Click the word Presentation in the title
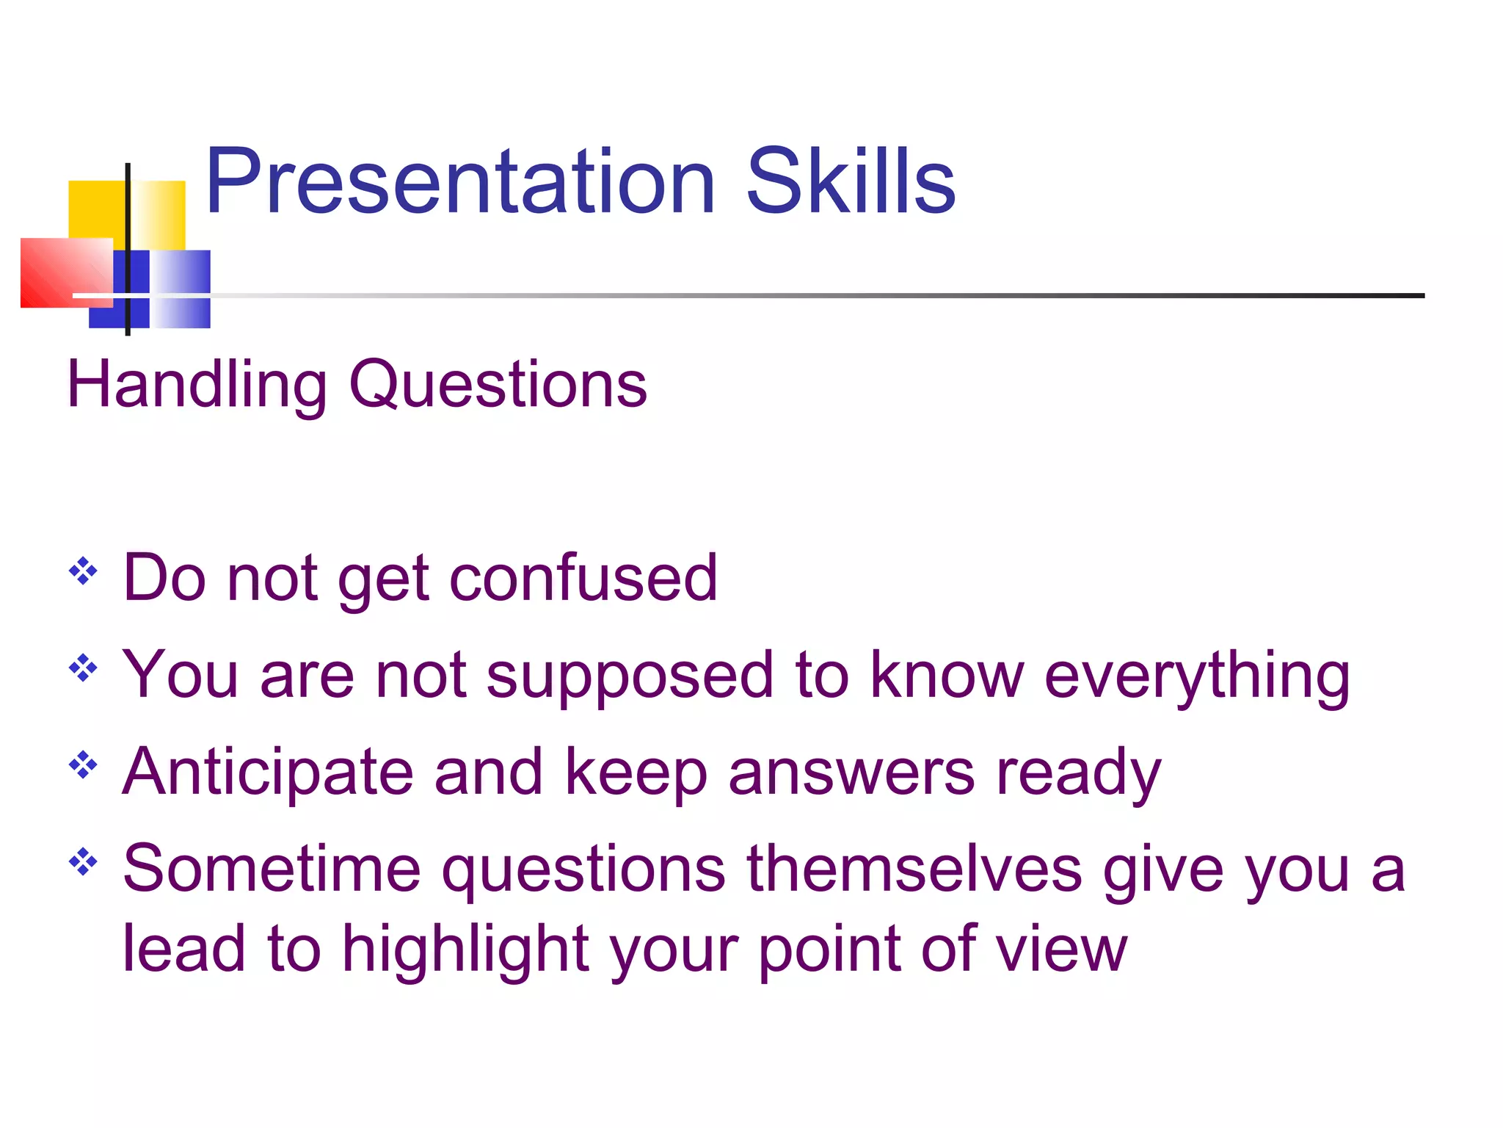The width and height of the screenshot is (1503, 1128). (459, 182)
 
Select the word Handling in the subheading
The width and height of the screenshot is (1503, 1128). (197, 385)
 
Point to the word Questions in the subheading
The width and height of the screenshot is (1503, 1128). (498, 385)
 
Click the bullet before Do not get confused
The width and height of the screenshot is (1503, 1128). (83, 571)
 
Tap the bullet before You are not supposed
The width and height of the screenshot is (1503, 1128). (83, 668)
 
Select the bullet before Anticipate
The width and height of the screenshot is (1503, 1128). (83, 765)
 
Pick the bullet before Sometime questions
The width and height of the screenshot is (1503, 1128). (83, 862)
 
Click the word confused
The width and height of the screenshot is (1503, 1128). (583, 578)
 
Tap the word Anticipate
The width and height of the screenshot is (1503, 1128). (267, 773)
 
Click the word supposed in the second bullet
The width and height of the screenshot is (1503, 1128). (630, 676)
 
